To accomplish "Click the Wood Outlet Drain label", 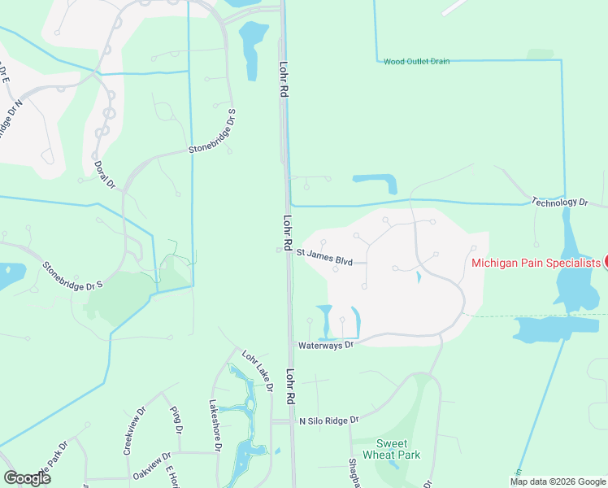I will point(417,61).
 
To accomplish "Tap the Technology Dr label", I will point(559,202).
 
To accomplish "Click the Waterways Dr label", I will point(327,345).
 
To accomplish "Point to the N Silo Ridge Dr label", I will point(329,420).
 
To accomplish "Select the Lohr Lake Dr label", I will point(257,370).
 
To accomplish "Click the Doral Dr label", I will point(106,174).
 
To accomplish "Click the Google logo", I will point(27,478).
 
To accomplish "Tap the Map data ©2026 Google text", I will point(557,481).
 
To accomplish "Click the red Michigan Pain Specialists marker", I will point(606,262).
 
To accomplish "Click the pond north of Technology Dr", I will point(376,182).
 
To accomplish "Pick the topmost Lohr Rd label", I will point(284,80).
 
